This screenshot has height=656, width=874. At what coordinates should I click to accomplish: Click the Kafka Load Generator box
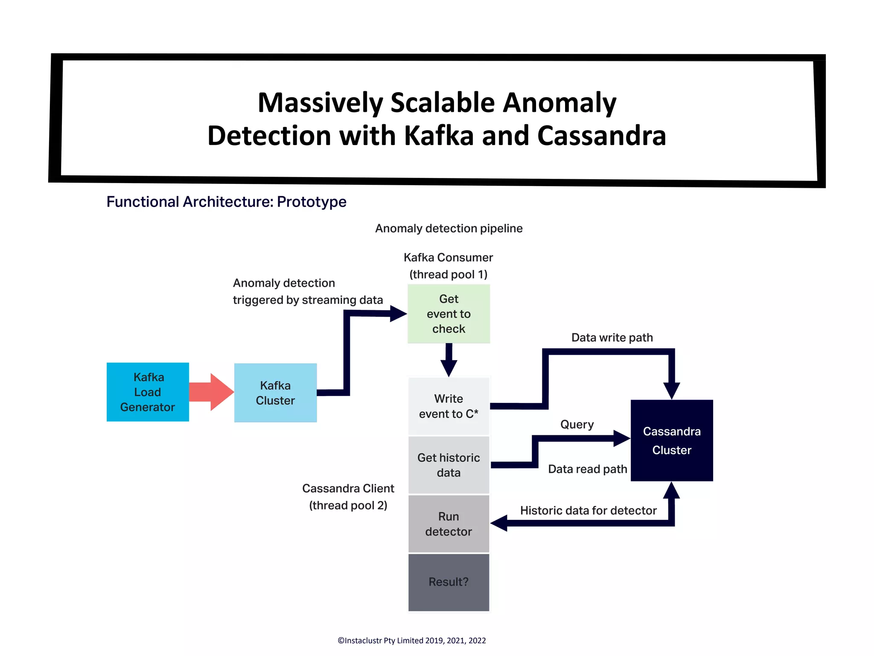point(148,392)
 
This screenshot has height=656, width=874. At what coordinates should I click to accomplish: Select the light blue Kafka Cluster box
point(275,393)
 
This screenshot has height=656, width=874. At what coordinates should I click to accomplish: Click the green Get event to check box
point(449,314)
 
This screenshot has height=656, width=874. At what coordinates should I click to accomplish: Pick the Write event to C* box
point(449,406)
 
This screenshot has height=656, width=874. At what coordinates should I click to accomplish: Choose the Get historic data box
point(449,465)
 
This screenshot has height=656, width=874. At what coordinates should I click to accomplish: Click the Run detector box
point(449,524)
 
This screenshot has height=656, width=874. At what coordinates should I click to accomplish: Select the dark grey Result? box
point(449,582)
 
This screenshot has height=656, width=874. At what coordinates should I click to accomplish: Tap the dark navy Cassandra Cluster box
point(671,440)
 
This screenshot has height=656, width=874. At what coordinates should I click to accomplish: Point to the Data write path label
point(612,338)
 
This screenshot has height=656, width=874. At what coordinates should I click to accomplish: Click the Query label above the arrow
point(577,424)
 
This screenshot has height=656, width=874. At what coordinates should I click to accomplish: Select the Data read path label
point(587,469)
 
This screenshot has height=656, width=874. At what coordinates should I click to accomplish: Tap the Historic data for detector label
point(588,510)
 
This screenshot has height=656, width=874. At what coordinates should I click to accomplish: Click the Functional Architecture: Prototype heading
point(226,201)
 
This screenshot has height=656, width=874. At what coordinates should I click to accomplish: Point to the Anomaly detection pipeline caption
point(449,228)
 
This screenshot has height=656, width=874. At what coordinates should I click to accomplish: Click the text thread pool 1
point(449,274)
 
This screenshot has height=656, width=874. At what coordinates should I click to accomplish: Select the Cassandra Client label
point(348,488)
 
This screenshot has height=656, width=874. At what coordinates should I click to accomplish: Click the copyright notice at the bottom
point(411,640)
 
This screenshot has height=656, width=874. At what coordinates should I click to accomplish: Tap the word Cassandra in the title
point(601,136)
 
